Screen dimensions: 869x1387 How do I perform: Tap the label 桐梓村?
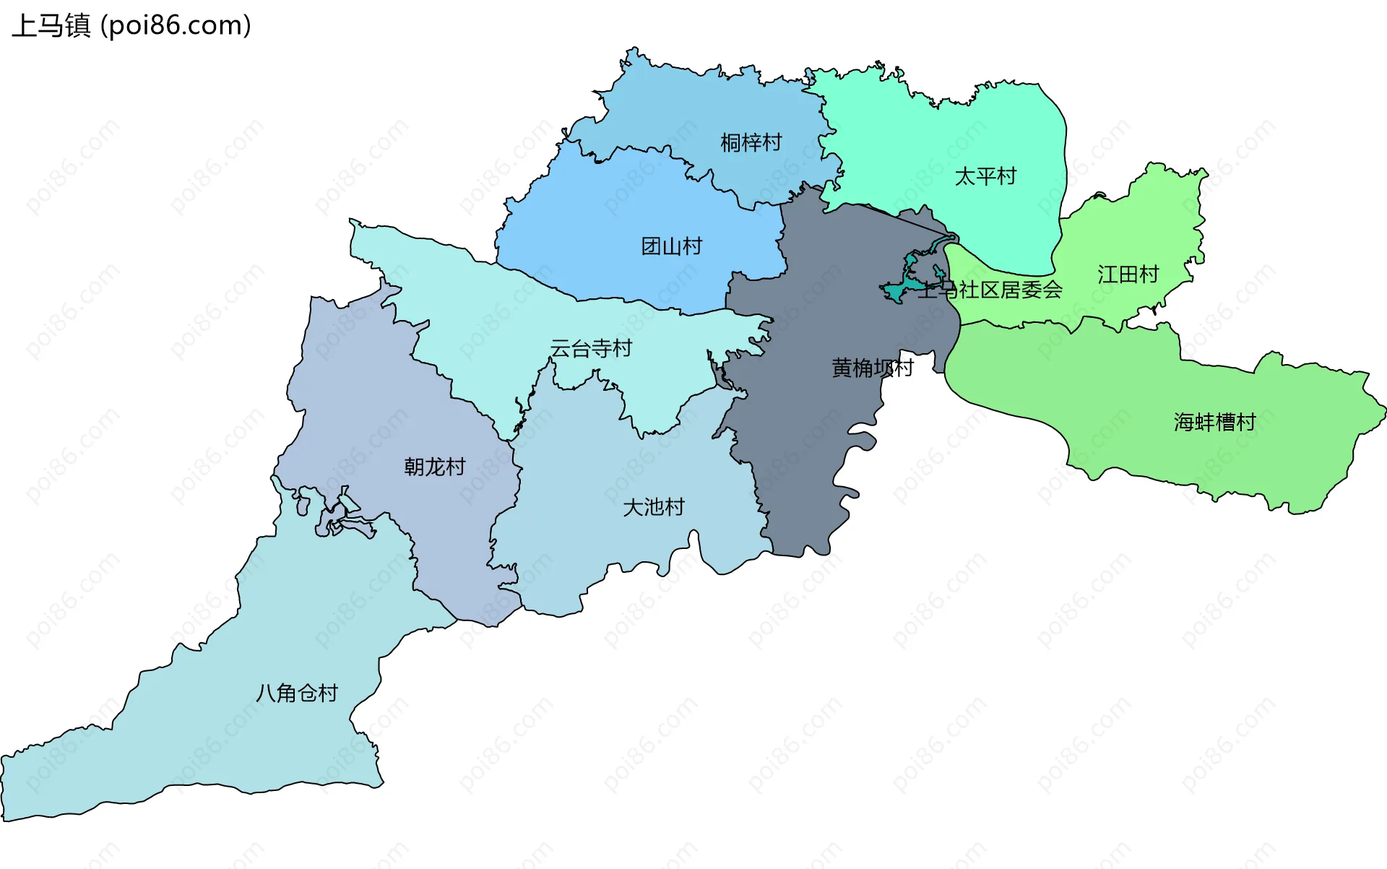click(751, 142)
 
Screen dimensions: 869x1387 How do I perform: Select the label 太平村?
click(985, 176)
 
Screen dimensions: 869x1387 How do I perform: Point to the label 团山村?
click(672, 246)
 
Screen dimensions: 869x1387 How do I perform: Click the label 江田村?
click(1128, 274)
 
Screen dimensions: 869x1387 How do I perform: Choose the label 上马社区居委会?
click(990, 290)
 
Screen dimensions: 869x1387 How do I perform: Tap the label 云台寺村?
click(591, 348)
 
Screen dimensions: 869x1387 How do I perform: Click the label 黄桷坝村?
click(872, 368)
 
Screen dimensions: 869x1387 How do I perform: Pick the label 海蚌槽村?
click(1214, 422)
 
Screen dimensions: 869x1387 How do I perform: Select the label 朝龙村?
click(434, 467)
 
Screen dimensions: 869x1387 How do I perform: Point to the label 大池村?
click(653, 507)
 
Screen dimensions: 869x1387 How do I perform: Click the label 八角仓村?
click(297, 693)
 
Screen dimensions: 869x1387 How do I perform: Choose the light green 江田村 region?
click(1156, 224)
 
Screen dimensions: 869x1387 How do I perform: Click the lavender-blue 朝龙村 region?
click(361, 405)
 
